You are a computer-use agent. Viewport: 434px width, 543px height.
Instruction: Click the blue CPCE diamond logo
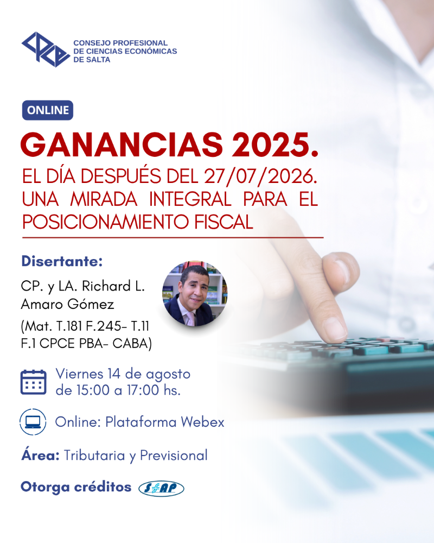click(46, 49)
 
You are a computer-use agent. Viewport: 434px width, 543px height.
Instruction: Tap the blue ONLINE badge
click(48, 110)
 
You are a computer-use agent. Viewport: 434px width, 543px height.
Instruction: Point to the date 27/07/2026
click(260, 176)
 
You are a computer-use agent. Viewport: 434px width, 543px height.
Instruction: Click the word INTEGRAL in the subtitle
click(190, 199)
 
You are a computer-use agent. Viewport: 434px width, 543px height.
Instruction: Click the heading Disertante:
click(62, 262)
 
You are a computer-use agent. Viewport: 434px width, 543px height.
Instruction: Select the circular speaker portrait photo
click(195, 294)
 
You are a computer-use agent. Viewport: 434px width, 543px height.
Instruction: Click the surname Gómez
click(91, 305)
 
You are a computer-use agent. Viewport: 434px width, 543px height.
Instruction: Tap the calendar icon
click(33, 382)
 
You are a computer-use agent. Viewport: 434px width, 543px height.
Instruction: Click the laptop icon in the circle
click(33, 422)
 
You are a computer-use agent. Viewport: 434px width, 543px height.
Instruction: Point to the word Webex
click(202, 422)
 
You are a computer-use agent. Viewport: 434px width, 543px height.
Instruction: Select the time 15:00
click(93, 390)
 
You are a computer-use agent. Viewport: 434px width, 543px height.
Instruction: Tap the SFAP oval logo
click(161, 488)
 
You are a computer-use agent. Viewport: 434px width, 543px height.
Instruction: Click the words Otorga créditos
click(76, 487)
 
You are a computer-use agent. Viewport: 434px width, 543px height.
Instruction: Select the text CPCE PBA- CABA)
click(95, 344)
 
